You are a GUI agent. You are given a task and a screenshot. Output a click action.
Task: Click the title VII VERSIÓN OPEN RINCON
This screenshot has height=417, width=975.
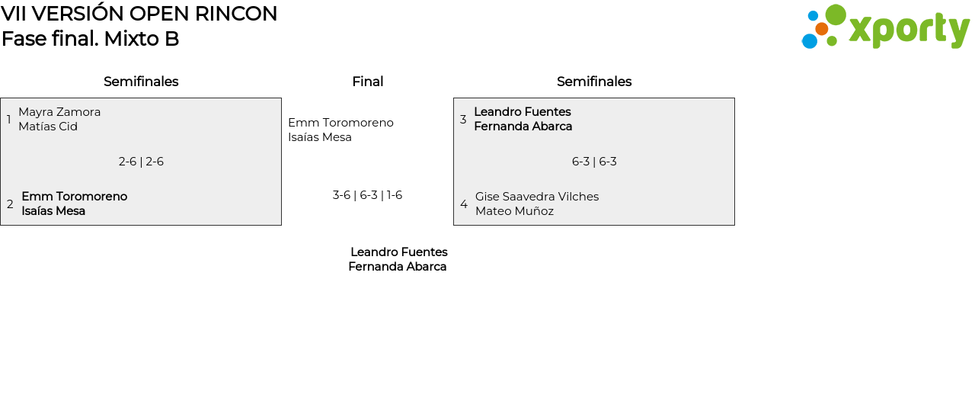(x=139, y=14)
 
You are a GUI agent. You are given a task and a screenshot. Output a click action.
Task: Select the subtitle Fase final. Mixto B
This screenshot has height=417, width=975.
(x=90, y=39)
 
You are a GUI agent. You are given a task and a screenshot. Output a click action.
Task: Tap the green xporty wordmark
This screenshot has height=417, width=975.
(x=909, y=30)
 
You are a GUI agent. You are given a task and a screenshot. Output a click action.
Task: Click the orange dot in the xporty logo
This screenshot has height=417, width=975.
(x=821, y=29)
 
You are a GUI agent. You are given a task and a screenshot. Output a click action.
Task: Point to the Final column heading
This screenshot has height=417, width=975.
(x=367, y=82)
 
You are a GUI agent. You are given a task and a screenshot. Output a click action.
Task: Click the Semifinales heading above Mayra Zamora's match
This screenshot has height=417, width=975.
(x=141, y=82)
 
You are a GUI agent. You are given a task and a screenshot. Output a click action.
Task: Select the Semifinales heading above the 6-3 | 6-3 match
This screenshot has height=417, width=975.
(x=594, y=82)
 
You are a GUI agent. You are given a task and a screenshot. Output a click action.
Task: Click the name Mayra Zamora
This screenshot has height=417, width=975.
(x=59, y=112)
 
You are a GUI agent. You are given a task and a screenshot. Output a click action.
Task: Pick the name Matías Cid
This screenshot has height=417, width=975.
(x=48, y=127)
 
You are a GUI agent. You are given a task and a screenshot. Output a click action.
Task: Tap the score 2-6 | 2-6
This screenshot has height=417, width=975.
(x=141, y=162)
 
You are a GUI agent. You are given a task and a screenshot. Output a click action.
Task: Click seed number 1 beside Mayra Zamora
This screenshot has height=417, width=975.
(x=8, y=120)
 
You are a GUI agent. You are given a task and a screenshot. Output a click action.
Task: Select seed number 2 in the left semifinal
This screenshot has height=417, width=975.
(x=10, y=204)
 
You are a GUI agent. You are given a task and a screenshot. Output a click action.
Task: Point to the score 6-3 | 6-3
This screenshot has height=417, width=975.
(x=594, y=162)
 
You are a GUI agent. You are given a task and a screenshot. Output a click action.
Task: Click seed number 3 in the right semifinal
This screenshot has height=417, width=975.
(x=463, y=120)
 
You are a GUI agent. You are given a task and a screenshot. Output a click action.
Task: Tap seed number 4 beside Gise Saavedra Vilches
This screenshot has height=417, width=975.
(x=463, y=204)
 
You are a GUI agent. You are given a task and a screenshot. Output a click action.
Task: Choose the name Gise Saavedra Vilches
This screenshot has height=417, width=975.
(x=537, y=197)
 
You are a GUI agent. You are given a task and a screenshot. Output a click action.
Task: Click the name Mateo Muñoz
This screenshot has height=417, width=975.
(x=514, y=211)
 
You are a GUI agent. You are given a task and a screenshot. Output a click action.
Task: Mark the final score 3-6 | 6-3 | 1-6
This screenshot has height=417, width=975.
(x=367, y=195)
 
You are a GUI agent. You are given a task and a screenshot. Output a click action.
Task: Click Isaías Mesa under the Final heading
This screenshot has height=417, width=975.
(x=320, y=137)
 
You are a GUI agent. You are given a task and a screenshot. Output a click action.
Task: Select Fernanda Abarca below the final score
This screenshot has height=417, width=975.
(x=398, y=267)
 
